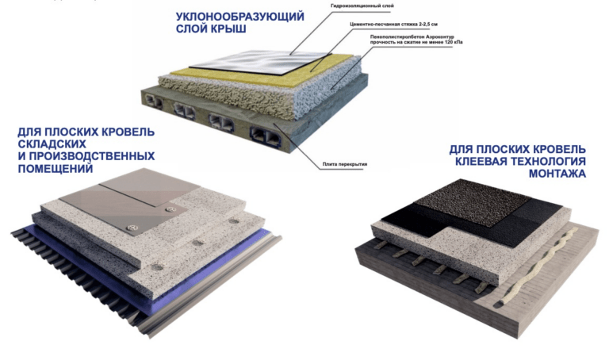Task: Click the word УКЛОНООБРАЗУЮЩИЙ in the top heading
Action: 239,17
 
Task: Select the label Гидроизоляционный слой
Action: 362,6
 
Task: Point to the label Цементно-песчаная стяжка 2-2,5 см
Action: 393,24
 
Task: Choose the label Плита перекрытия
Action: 344,164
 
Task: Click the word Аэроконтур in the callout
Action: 440,37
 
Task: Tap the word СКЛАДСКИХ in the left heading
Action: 52,144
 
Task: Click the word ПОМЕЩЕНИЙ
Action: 56,169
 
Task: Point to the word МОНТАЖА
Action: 557,174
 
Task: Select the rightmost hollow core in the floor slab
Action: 265,136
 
